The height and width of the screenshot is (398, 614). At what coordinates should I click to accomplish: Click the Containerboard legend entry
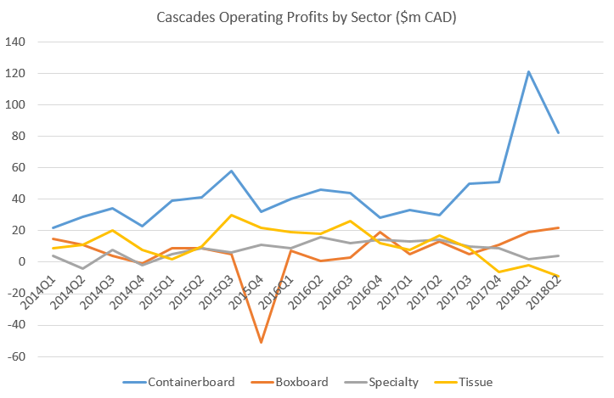(190, 382)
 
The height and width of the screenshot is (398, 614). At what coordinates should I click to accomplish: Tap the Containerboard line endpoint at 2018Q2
(558, 132)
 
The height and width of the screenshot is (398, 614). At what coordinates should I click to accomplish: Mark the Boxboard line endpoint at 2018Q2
(558, 227)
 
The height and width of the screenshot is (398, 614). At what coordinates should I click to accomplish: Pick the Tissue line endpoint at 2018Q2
(558, 276)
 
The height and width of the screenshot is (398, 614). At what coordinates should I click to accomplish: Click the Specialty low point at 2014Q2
(82, 268)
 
